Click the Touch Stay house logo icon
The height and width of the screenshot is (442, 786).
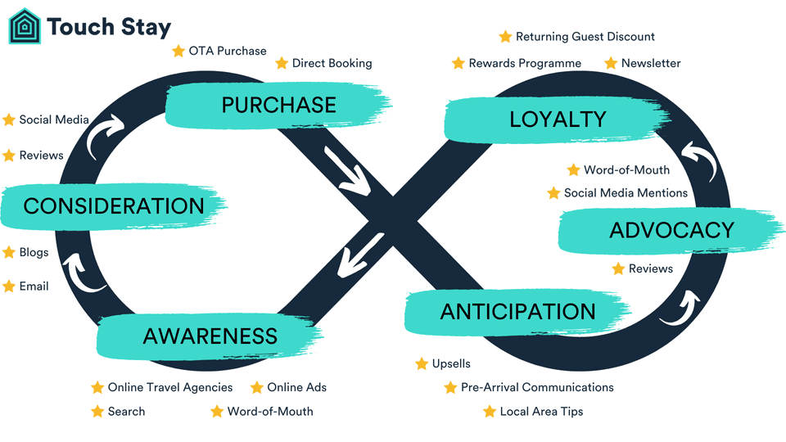point(25,26)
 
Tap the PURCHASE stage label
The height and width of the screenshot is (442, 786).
point(278,105)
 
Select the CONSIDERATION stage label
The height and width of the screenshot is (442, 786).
point(113,205)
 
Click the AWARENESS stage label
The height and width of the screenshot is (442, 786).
point(210,336)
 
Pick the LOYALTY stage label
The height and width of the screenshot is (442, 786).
point(558,120)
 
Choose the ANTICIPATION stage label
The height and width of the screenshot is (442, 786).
point(517,311)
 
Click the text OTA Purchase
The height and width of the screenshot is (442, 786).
point(228,51)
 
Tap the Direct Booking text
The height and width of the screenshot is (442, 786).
point(332,63)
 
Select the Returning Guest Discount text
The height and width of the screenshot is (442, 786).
point(585,37)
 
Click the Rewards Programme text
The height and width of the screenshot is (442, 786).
point(525,63)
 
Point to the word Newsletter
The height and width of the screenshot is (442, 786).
point(651,63)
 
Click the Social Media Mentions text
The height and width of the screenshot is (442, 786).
point(626,193)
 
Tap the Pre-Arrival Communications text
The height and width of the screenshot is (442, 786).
point(537,387)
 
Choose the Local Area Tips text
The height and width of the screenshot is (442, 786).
point(541,412)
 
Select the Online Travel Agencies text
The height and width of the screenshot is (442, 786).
point(170,387)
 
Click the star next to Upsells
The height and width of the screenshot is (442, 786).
point(422,363)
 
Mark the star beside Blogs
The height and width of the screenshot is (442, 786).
point(9,252)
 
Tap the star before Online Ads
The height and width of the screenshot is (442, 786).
point(257,387)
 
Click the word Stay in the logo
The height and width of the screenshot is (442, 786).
point(140,26)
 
